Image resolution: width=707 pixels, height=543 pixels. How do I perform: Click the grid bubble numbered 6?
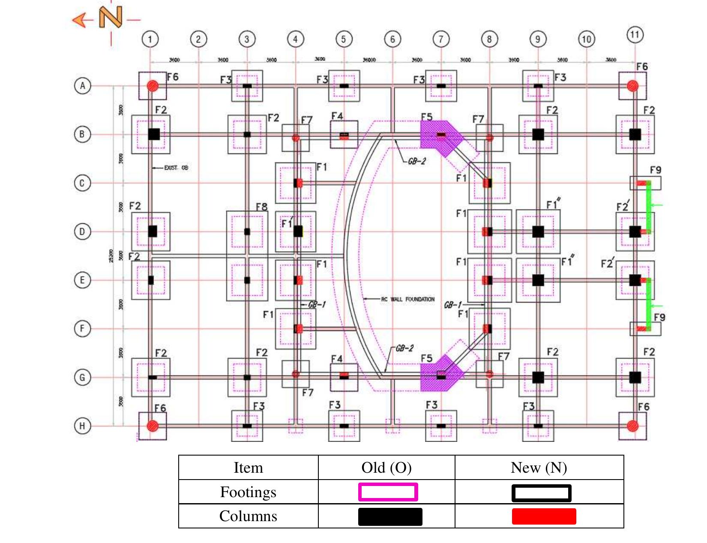click(392, 39)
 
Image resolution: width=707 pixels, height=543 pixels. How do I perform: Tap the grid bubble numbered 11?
click(635, 34)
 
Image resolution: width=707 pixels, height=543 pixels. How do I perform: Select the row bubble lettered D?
click(82, 231)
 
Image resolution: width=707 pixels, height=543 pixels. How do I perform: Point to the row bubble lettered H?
click(82, 426)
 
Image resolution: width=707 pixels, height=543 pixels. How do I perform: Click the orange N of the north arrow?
click(111, 17)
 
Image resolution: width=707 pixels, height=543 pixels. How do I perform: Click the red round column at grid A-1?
click(153, 86)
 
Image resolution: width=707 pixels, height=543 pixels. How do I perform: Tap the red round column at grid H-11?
click(632, 426)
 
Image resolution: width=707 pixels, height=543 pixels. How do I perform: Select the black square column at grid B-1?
click(154, 134)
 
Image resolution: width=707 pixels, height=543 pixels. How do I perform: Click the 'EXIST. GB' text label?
click(176, 168)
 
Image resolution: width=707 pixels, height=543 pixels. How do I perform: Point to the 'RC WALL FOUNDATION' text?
click(407, 299)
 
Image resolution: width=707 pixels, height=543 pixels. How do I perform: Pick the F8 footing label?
click(261, 207)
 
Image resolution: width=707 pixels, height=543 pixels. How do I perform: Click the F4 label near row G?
click(337, 359)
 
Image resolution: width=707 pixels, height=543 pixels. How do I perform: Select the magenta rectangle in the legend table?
click(388, 492)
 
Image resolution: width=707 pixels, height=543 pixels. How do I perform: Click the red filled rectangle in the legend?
click(544, 516)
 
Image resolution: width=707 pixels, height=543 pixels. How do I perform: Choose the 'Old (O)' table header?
click(386, 468)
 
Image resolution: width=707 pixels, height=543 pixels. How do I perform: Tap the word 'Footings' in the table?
click(248, 492)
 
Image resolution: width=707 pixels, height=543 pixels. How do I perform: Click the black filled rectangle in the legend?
click(390, 516)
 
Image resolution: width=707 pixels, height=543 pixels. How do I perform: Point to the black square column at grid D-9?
click(538, 232)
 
